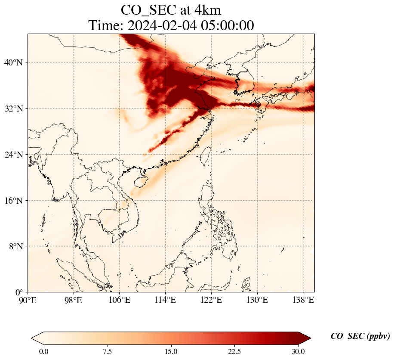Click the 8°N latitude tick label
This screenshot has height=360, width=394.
tap(15, 246)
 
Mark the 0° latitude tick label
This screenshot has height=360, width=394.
tap(19, 292)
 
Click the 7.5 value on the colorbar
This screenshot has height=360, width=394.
tap(107, 351)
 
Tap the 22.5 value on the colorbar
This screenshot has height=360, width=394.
tap(234, 351)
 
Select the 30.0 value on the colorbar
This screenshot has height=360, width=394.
tap(298, 351)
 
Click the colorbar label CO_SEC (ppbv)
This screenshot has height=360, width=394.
tap(360, 336)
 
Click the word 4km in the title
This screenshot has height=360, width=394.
tap(208, 9)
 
